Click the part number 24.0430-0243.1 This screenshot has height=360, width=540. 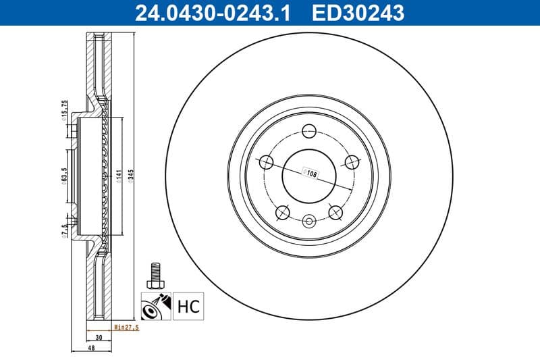pyautogui.click(x=213, y=11)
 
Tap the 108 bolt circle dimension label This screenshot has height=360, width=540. pyautogui.click(x=311, y=174)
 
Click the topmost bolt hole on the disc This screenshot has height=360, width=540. pyautogui.click(x=309, y=131)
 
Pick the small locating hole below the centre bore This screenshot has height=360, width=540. pyautogui.click(x=309, y=220)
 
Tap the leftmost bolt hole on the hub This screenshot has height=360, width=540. pyautogui.click(x=266, y=162)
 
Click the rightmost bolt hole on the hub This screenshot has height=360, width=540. pyautogui.click(x=352, y=162)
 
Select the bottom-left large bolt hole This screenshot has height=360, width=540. pyautogui.click(x=283, y=213)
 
